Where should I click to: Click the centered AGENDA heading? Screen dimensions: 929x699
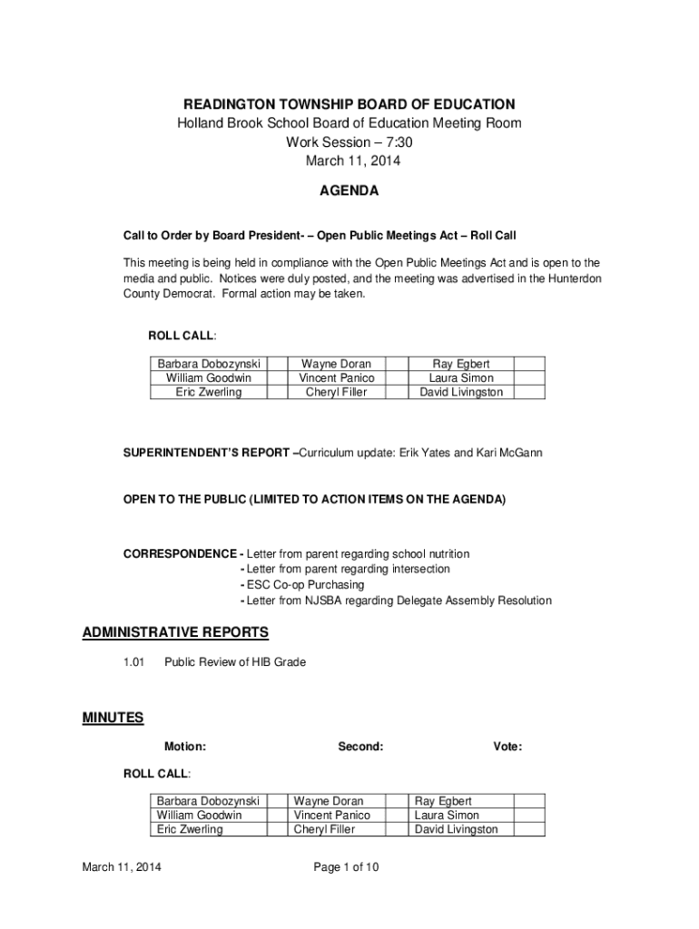coord(349,191)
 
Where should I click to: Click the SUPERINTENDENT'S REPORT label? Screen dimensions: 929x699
coord(208,452)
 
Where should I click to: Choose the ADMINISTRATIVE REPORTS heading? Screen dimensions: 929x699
coord(175,632)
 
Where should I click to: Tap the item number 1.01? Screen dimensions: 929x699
coord(134,662)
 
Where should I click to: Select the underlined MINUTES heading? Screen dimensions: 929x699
coord(113,718)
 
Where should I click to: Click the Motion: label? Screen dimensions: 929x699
coord(184,747)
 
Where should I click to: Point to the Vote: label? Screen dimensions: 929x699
coord(507,747)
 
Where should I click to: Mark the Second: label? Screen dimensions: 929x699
coord(360,747)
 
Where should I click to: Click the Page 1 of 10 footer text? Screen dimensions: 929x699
coord(346,867)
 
